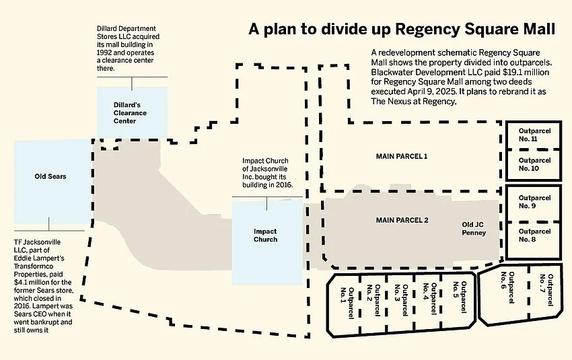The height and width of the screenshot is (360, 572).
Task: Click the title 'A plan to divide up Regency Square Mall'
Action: (402, 30)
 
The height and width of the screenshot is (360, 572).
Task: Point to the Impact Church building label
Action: (265, 236)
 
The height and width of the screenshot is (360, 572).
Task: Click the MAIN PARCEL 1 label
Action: (401, 156)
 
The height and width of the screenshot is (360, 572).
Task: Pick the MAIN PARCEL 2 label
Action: (401, 220)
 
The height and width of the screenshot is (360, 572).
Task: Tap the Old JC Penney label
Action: (473, 228)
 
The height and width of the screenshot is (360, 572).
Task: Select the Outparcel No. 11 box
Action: (535, 135)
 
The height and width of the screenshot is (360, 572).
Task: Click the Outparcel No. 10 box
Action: (535, 165)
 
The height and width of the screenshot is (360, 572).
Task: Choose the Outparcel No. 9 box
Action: (535, 203)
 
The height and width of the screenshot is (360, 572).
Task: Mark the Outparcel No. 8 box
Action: (535, 236)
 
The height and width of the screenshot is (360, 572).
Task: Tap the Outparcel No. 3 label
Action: (402, 300)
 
